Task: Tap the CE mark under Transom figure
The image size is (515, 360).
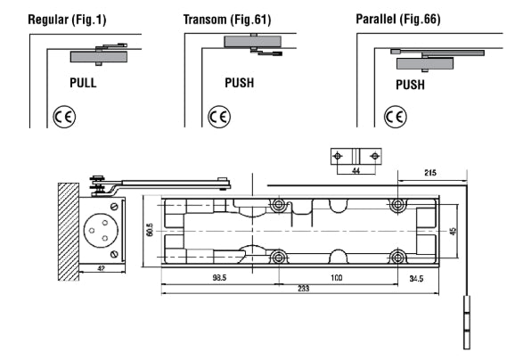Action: [217, 116]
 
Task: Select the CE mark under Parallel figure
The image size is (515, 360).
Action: [394, 116]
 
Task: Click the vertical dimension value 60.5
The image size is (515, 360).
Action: [151, 230]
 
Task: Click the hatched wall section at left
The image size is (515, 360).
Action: [69, 230]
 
